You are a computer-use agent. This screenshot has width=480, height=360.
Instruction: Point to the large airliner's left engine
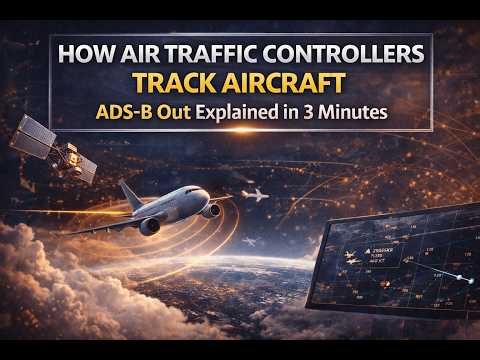click(x=149, y=226)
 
